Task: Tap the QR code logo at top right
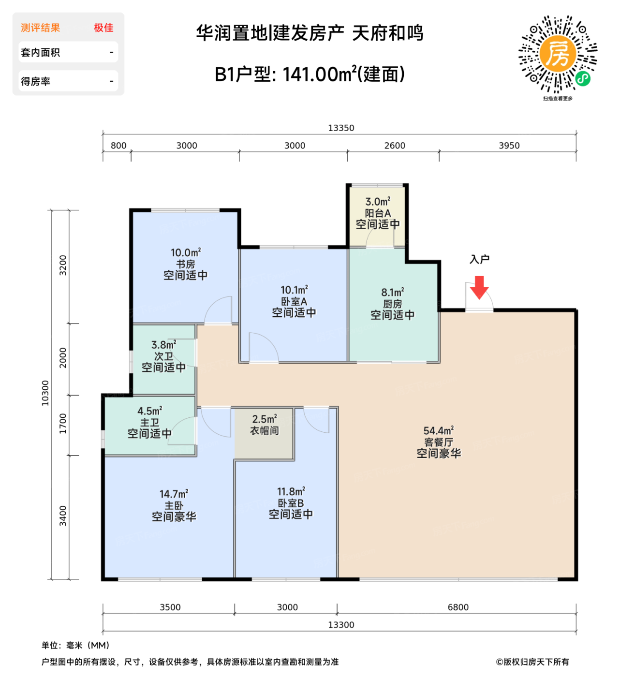click(x=558, y=54)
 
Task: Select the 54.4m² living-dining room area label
click(x=439, y=442)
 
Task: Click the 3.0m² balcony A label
click(x=378, y=213)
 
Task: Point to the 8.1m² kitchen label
click(x=392, y=304)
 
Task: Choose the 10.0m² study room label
click(x=185, y=264)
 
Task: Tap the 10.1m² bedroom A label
click(x=294, y=301)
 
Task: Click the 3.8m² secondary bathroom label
click(x=163, y=356)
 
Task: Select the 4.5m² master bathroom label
click(x=149, y=422)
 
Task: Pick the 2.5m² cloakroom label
click(x=265, y=425)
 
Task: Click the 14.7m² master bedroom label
click(x=174, y=505)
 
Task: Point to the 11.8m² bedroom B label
click(x=291, y=503)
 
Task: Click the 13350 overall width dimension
click(x=341, y=128)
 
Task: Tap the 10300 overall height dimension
click(x=45, y=393)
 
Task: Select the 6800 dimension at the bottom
click(x=458, y=607)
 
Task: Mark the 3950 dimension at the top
click(x=509, y=146)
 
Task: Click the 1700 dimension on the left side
click(x=63, y=424)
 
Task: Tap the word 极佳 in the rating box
click(x=103, y=28)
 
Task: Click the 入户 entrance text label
click(x=479, y=260)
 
